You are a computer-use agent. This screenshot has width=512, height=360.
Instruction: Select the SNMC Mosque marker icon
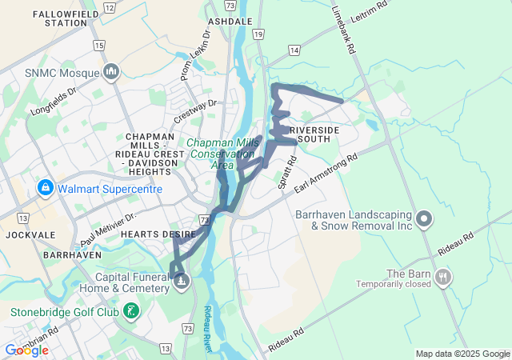111,72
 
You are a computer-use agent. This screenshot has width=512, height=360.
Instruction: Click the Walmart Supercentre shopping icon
45,189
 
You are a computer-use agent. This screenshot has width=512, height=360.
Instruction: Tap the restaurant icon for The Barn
442,278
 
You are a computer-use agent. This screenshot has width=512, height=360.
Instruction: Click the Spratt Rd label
287,171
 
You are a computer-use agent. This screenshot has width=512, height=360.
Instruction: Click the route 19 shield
257,34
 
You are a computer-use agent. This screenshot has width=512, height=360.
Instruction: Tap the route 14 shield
294,50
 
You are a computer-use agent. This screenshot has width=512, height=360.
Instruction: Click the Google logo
26,350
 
